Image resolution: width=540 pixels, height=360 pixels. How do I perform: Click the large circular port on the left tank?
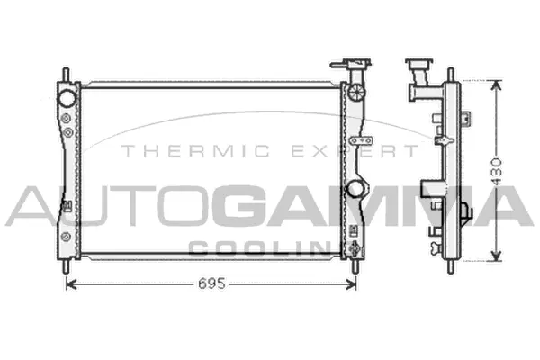coord(67,97)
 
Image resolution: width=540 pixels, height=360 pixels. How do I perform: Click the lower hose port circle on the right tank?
coord(356,189)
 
